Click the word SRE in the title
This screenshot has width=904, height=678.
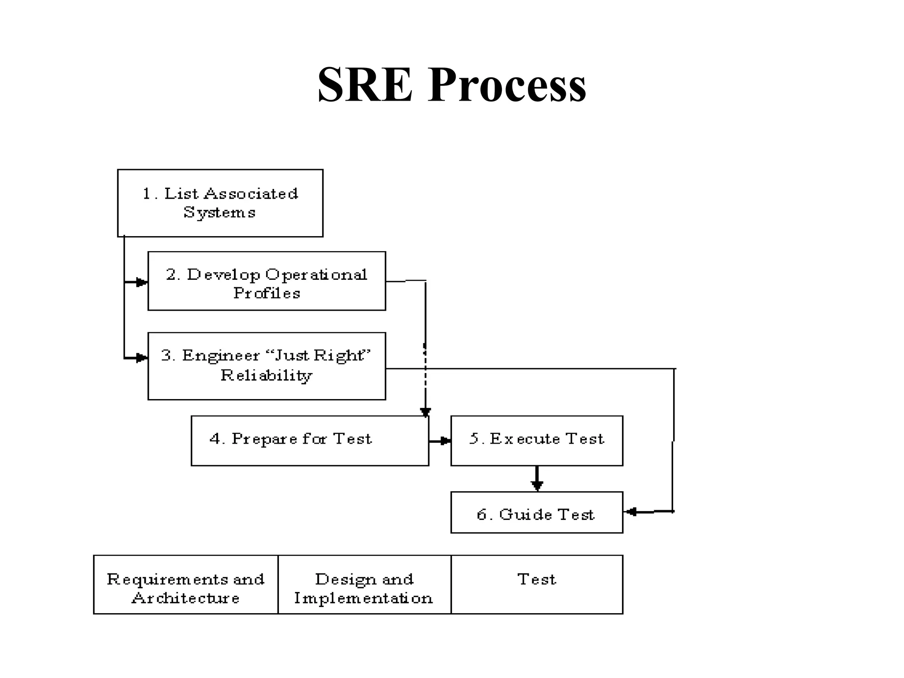coord(365,85)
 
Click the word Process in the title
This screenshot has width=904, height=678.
coord(506,85)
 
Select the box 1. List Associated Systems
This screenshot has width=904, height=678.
coord(220,203)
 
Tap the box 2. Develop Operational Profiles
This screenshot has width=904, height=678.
coord(267,281)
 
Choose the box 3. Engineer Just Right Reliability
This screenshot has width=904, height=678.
coord(267,366)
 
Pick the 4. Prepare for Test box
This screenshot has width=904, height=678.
coord(309,441)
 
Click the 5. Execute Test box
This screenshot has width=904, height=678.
coord(536,441)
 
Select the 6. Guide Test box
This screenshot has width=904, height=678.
coord(536,512)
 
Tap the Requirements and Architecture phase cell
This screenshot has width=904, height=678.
coord(185,584)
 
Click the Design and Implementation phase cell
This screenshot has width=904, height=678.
coord(364,584)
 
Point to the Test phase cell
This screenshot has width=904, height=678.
coord(537,584)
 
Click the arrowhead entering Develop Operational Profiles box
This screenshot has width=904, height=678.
coord(141,282)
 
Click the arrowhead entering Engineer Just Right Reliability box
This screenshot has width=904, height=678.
coord(141,358)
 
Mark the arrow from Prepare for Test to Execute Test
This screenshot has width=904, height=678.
coord(440,441)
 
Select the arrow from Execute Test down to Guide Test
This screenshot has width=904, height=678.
coord(537,479)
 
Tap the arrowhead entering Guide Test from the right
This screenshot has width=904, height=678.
coord(632,512)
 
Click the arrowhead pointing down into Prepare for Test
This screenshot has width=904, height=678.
coord(425,412)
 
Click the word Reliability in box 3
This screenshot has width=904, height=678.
coord(266,376)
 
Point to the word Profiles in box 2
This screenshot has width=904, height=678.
coord(267,293)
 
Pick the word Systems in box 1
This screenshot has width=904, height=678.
coord(219,213)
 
